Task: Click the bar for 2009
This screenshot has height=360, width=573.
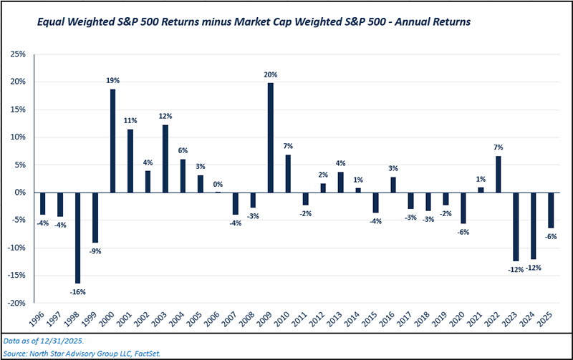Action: point(271,137)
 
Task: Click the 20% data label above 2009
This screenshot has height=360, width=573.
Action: point(271,74)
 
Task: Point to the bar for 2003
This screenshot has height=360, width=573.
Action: point(166,158)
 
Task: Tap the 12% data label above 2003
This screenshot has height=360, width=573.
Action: point(166,116)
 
